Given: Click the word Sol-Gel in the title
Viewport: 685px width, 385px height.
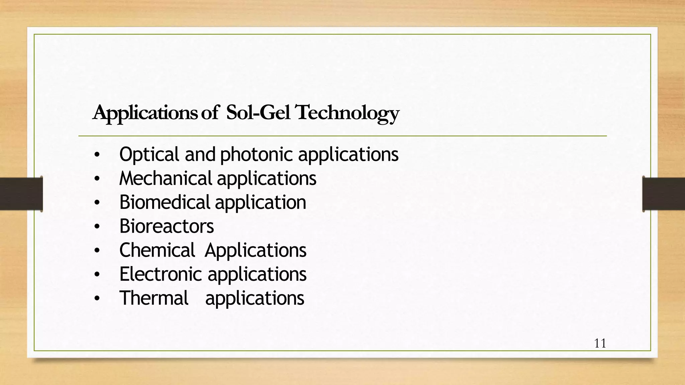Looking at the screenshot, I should (x=258, y=113).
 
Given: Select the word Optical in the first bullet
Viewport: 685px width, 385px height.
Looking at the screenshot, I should (x=149, y=155).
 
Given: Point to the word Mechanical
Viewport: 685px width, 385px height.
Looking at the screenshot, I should (x=166, y=178).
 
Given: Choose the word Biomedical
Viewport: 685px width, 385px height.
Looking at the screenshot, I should (x=165, y=202).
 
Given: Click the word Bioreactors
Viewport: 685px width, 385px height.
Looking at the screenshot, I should (x=167, y=226).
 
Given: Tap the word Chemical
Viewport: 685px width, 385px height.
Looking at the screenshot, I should (x=157, y=250).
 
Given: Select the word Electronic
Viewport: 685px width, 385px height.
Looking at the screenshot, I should (x=161, y=274).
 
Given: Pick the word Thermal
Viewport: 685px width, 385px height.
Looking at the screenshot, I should (x=154, y=298).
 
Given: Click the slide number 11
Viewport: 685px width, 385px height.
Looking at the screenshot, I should (x=600, y=344).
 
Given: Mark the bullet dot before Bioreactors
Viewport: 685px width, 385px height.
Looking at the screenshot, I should (x=97, y=227).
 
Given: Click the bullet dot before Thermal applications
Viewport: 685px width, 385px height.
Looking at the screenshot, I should (x=97, y=299).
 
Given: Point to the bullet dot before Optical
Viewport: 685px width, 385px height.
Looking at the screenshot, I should (x=97, y=155).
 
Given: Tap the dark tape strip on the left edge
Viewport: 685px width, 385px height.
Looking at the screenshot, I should (x=21, y=194).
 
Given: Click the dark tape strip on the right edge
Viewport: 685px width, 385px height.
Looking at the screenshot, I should (x=664, y=194).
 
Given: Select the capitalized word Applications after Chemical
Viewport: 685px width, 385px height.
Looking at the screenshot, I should (x=256, y=251).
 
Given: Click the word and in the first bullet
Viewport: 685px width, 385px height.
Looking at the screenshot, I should (x=200, y=155).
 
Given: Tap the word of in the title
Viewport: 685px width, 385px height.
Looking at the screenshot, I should (x=210, y=113).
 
